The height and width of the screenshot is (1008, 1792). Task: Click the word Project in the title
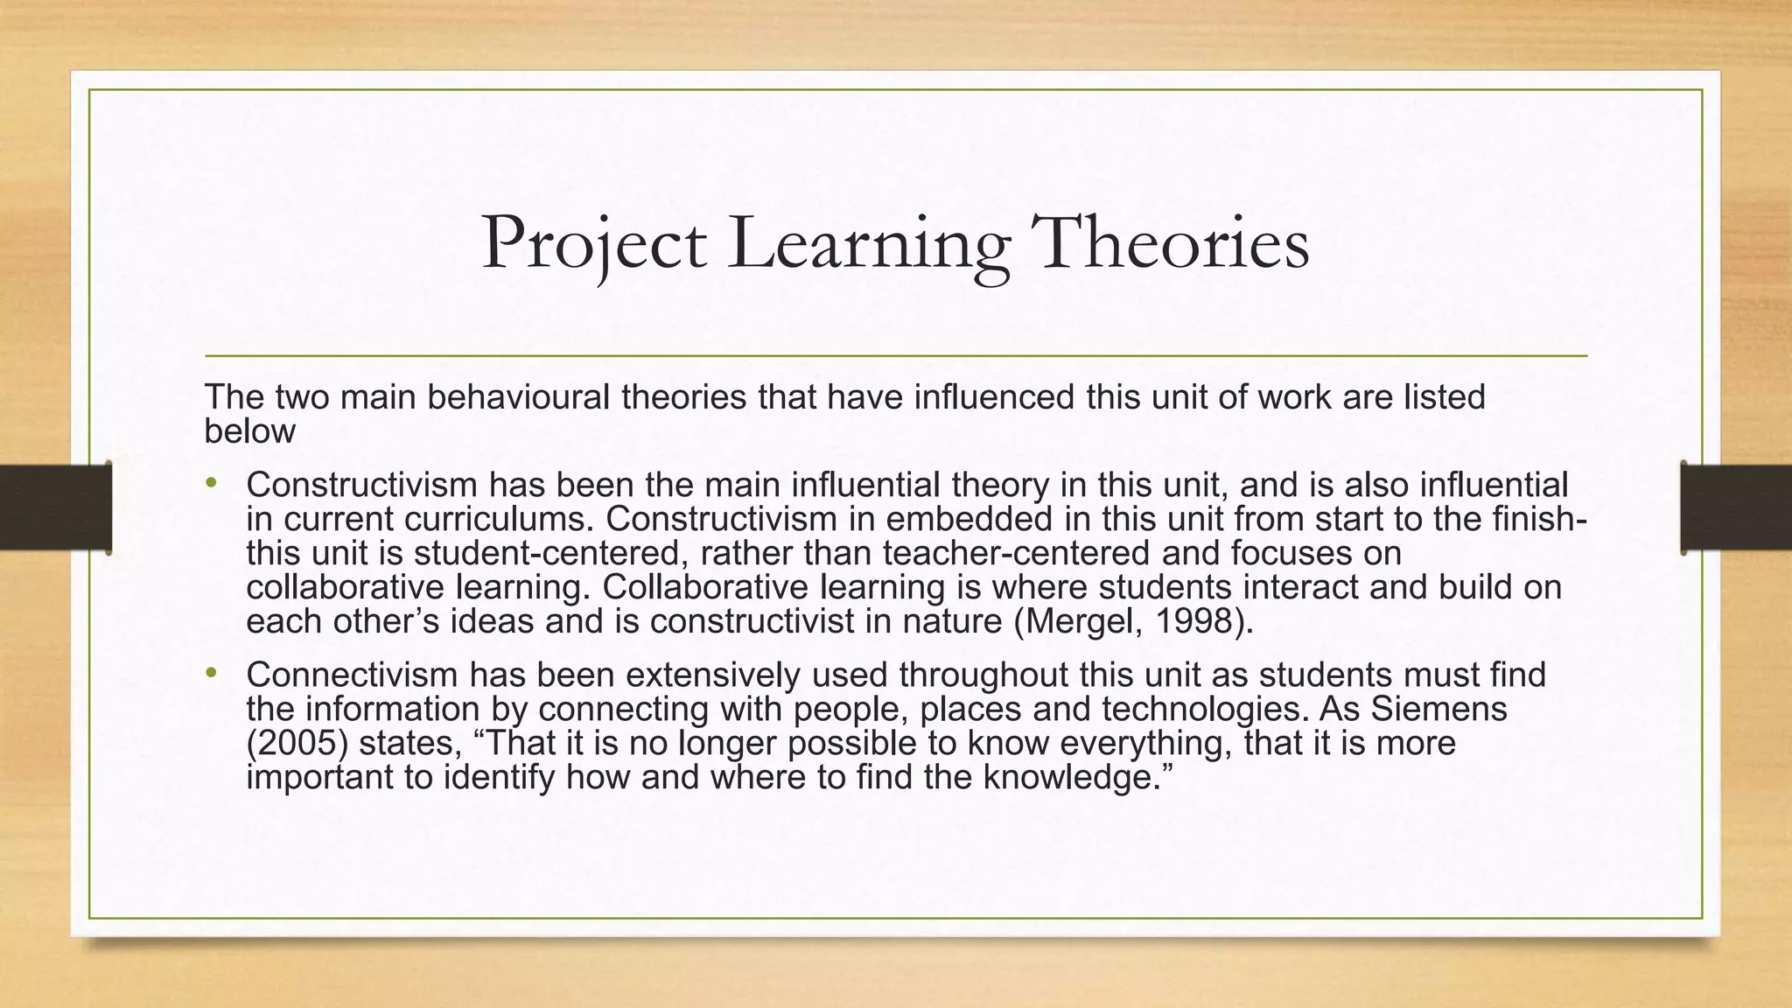[x=593, y=244]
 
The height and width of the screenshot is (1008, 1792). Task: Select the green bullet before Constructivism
[x=211, y=483]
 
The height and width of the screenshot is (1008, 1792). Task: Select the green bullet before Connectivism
[x=211, y=674]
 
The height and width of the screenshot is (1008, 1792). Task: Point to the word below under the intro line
[x=249, y=431]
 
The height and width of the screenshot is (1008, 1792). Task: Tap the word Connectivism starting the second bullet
[x=351, y=675]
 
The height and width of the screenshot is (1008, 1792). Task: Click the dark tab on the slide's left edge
[x=55, y=507]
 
